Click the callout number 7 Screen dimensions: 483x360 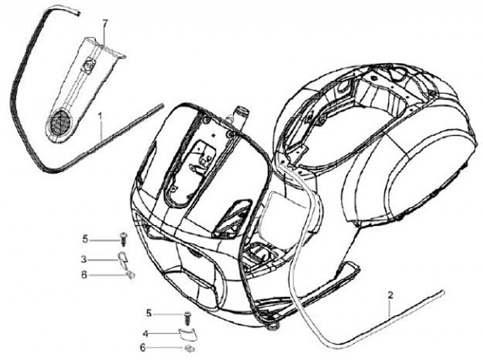[105, 24]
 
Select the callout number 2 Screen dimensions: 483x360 [390, 294]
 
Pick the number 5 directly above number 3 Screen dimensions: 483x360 [85, 238]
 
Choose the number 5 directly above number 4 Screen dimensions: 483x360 [149, 312]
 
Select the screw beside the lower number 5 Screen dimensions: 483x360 [188, 314]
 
